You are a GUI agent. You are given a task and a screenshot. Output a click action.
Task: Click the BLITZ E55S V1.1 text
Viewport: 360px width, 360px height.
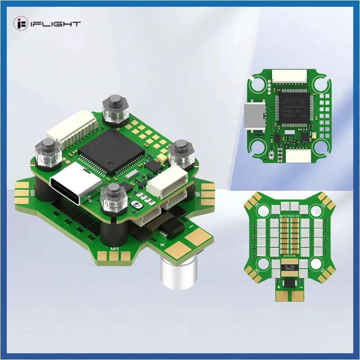(x=287, y=215)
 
